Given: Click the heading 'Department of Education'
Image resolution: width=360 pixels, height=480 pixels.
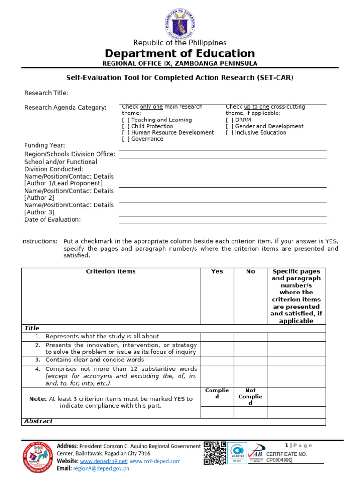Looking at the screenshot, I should coord(180,53).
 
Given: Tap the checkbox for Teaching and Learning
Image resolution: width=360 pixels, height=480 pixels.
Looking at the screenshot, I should coord(126,120).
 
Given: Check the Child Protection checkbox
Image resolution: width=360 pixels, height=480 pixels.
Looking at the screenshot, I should coord(126,126).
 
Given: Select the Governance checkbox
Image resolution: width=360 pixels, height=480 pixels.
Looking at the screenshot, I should coord(126,139).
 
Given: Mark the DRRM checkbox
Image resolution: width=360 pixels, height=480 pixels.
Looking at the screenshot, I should coord(230,120).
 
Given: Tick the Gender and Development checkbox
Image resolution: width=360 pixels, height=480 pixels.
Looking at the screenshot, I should coord(230,126).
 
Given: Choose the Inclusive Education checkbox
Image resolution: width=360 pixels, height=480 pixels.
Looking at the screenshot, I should coord(230,133).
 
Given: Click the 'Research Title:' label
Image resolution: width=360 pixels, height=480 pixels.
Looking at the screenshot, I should coord(46,93).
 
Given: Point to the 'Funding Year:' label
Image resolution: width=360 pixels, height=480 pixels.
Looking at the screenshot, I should coord(45,145).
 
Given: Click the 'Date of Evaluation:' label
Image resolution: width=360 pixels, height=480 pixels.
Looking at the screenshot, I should coord(52,219).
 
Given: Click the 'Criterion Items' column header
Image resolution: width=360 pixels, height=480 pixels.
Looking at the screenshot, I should coord(111,271).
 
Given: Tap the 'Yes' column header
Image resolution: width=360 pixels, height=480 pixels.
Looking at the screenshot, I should coord(217,271).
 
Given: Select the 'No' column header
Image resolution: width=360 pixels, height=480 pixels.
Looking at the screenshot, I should coord(250,271).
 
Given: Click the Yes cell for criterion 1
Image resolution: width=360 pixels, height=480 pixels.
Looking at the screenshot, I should coord(217,337).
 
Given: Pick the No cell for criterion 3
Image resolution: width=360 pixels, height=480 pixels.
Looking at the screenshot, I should coord(250,360).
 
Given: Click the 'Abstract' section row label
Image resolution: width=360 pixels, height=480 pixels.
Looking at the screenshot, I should coord(38,421).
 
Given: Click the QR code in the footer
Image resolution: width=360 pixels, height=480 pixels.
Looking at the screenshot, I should coord(215,453).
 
